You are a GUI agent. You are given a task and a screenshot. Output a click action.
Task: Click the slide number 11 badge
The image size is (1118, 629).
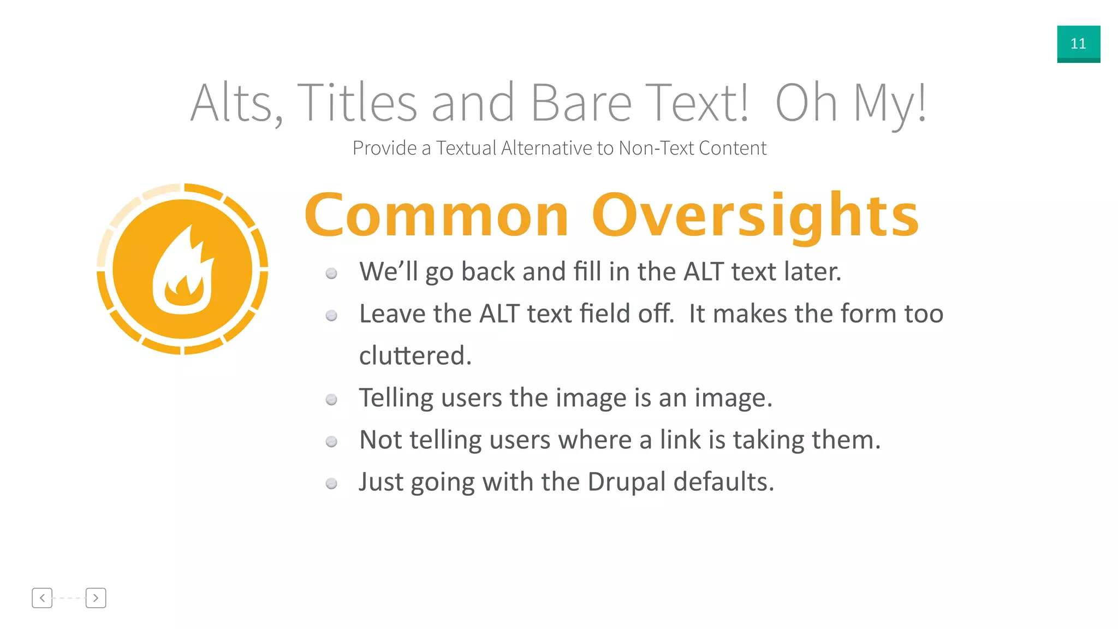click(1078, 44)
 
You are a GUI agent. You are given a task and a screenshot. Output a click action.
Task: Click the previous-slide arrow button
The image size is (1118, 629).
click(42, 598)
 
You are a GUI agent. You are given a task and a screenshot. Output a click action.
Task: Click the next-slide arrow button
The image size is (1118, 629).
click(96, 598)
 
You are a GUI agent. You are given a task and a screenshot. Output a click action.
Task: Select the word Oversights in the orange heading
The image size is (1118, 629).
click(756, 216)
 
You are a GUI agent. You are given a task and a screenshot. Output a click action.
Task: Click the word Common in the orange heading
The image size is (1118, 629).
click(437, 216)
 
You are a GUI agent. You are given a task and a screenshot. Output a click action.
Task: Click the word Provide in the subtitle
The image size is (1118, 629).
click(384, 148)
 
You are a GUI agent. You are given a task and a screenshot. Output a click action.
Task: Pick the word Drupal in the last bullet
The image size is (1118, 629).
click(626, 482)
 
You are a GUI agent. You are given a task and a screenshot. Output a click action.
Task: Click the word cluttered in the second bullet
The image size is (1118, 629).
click(415, 356)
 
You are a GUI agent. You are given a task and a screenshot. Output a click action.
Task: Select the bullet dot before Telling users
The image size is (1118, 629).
click(331, 400)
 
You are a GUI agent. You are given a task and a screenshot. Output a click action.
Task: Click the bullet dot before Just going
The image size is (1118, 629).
click(331, 484)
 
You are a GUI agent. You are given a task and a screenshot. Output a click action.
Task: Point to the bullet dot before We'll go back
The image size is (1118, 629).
click(331, 274)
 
